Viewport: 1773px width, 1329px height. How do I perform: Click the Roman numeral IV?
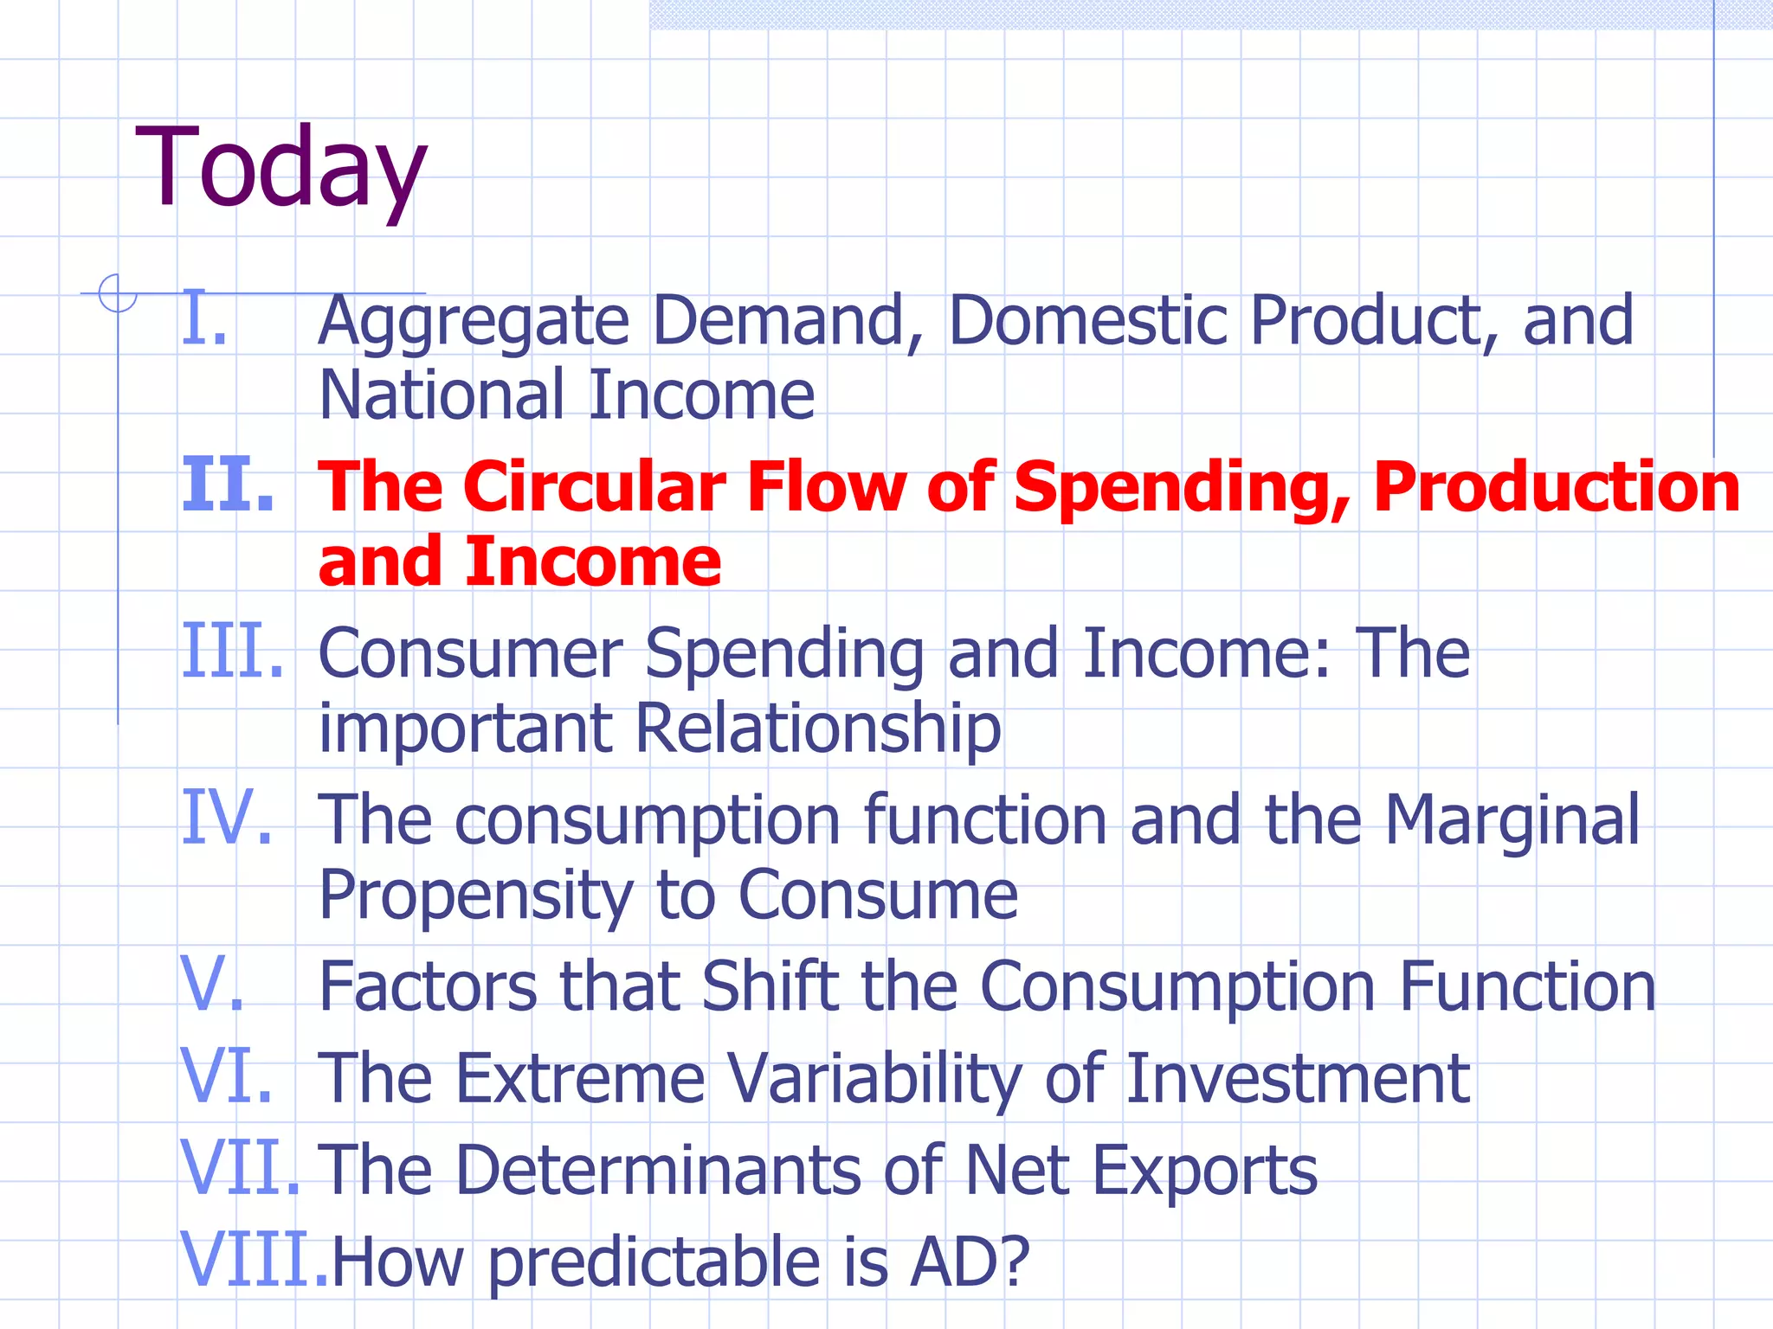tap(227, 818)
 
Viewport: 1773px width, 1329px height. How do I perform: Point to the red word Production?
tap(1557, 489)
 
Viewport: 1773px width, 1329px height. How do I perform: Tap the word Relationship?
tap(818, 729)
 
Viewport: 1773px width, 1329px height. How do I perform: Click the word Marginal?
tap(1512, 820)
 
